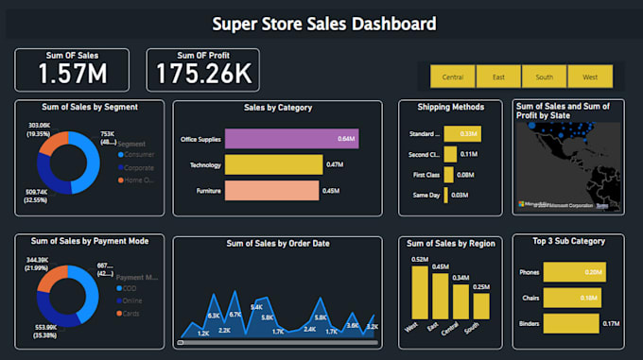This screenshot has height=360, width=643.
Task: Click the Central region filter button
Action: point(452,77)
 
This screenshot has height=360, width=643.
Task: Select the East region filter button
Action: point(498,77)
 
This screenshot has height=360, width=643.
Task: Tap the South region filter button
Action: point(544,77)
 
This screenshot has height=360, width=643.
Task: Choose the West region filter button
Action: point(590,77)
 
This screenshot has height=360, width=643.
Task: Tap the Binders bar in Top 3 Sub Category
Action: point(572,323)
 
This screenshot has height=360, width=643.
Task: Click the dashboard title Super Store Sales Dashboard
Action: point(324,24)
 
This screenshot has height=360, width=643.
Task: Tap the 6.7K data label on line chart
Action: point(235,314)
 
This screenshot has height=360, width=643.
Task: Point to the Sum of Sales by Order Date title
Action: point(277,244)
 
